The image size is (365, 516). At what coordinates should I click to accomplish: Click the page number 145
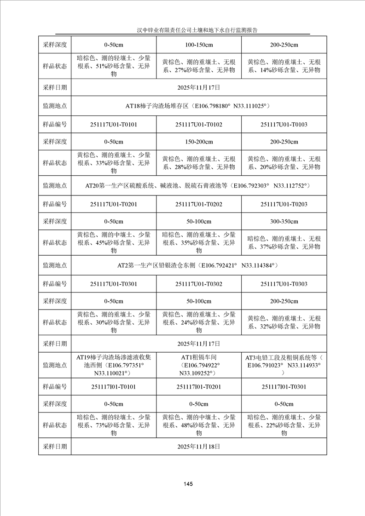(x=187, y=484)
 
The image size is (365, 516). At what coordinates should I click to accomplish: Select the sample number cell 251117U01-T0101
(x=114, y=124)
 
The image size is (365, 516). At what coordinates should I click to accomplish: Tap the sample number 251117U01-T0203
(x=284, y=204)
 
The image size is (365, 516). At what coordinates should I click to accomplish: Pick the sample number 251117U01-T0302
(x=199, y=284)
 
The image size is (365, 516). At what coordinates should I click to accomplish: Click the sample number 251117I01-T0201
(x=199, y=386)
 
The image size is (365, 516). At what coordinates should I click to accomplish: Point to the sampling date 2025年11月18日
(x=198, y=446)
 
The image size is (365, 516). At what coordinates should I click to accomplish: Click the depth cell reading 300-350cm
(x=284, y=221)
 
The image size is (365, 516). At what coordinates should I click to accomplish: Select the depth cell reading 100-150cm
(x=199, y=45)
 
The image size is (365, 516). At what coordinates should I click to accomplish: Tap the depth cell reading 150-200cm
(x=199, y=142)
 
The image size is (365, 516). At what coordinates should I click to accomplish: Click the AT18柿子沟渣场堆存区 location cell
(x=198, y=106)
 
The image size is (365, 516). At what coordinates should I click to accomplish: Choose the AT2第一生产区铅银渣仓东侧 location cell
(x=198, y=265)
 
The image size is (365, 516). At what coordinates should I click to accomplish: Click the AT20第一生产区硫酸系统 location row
(x=198, y=186)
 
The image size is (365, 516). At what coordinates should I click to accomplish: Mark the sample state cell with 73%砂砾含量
(x=114, y=425)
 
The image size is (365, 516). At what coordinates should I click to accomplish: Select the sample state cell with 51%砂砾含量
(x=114, y=66)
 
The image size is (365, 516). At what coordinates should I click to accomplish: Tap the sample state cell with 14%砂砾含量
(x=284, y=66)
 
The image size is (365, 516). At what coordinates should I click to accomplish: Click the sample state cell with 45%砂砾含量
(x=114, y=242)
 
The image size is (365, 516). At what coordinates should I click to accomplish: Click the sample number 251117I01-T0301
(x=284, y=386)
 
